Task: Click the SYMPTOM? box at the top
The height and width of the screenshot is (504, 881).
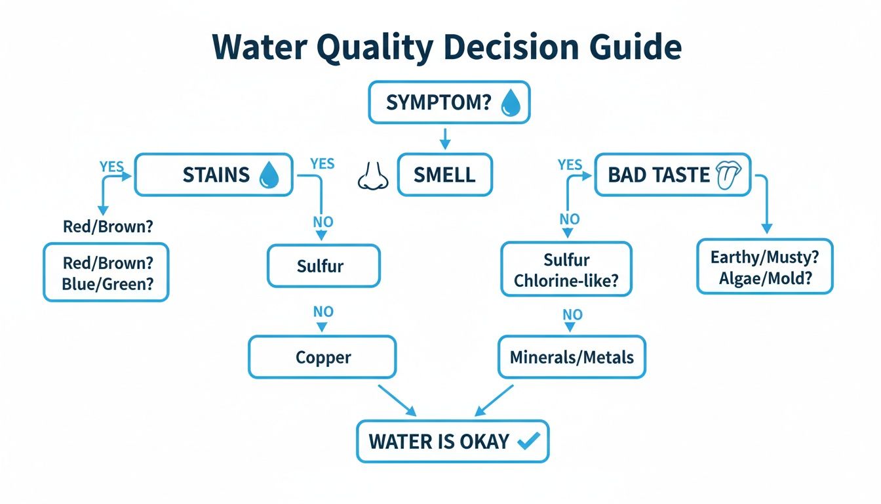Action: tap(448, 103)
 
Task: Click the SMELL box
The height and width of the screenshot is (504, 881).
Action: tap(444, 175)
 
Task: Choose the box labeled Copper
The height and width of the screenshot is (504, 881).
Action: tap(322, 358)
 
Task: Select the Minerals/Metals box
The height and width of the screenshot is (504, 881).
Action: tap(572, 358)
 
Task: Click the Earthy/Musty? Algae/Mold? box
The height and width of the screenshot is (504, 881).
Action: tap(764, 266)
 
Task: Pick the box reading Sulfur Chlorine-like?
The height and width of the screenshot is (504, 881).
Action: tap(566, 270)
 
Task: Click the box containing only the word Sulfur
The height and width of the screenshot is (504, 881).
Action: tap(324, 266)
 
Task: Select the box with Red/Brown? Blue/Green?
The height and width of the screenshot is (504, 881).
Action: tap(106, 273)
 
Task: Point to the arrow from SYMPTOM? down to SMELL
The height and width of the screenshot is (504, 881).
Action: tap(444, 137)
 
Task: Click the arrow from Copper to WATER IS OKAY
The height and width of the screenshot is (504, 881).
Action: tap(397, 400)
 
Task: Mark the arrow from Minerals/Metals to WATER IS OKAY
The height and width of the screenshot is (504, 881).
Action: tap(493, 400)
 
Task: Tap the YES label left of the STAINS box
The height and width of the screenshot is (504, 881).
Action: tap(112, 165)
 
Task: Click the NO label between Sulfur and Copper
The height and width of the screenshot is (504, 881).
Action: tap(323, 311)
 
